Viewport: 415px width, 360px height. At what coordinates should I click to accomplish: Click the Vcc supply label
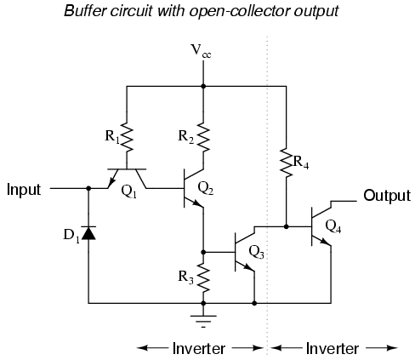201,51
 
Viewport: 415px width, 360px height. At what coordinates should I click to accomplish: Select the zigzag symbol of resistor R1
127,137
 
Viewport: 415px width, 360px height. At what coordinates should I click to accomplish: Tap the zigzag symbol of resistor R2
203,137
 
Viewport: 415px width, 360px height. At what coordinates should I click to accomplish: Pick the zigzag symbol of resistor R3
203,277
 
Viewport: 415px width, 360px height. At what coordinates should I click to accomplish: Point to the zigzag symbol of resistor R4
286,163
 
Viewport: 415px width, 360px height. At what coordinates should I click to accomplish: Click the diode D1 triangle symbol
88,233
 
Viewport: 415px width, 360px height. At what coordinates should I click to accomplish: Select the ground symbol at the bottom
203,321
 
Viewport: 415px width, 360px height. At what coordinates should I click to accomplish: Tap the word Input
24,189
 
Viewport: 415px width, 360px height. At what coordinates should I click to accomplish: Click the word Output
387,196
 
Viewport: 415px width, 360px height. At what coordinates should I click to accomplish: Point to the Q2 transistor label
206,188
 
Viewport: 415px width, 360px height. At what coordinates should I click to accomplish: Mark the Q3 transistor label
256,252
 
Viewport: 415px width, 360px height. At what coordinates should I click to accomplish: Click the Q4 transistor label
333,226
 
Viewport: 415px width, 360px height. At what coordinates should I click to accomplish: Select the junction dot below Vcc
203,86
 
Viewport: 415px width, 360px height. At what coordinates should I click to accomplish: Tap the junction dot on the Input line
88,188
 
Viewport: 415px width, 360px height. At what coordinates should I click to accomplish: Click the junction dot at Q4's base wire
286,226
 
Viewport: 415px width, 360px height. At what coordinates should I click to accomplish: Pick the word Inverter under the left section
199,348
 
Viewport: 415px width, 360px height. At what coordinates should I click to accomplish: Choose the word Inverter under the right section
333,348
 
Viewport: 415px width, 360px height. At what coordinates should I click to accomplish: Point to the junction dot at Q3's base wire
203,252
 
